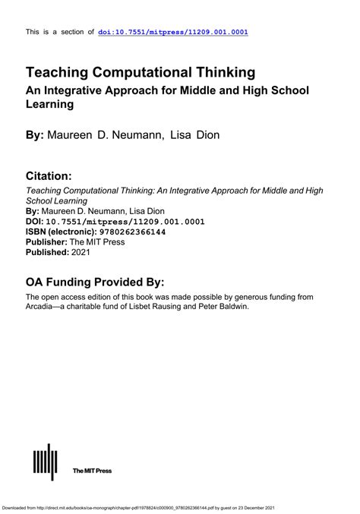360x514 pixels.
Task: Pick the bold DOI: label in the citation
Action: (x=35, y=221)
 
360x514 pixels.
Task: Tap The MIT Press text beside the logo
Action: (x=92, y=471)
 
